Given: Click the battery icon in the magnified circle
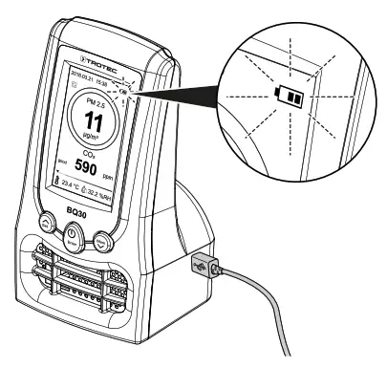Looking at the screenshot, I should [x=288, y=97].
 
